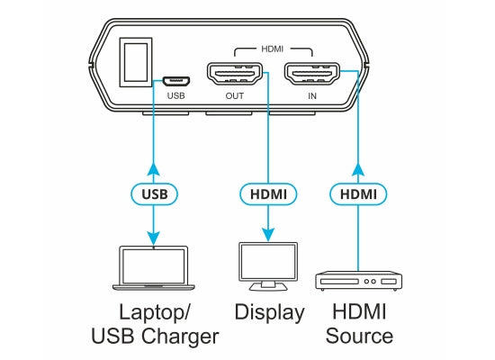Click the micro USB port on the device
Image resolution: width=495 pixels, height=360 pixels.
tap(176, 82)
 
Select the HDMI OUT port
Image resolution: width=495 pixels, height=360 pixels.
tap(235, 74)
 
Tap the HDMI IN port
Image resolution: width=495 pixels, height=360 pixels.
tap(312, 74)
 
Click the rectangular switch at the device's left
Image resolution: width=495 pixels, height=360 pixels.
tap(136, 62)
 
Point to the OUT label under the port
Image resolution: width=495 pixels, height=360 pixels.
tap(235, 95)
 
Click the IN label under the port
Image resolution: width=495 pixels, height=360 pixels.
tap(312, 95)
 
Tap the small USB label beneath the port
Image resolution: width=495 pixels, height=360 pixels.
tap(175, 95)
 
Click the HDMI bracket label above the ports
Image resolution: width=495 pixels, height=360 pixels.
tap(273, 49)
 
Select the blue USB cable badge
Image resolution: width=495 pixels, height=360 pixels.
tap(155, 193)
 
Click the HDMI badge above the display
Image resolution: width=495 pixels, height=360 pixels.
tap(268, 193)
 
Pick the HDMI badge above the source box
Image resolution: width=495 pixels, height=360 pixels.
tap(358, 193)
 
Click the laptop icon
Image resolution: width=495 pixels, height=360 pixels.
tap(154, 268)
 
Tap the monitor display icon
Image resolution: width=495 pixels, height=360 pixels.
tap(268, 266)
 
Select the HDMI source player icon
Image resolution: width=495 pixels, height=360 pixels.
tap(358, 281)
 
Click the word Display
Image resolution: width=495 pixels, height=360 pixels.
tap(269, 313)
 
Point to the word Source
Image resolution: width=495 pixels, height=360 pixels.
tap(359, 336)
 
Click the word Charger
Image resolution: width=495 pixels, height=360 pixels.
tap(180, 337)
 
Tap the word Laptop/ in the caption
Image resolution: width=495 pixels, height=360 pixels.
tap(155, 313)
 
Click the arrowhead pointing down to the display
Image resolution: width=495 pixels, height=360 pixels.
tap(268, 234)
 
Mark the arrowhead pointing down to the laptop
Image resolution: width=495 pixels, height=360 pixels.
tap(154, 238)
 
